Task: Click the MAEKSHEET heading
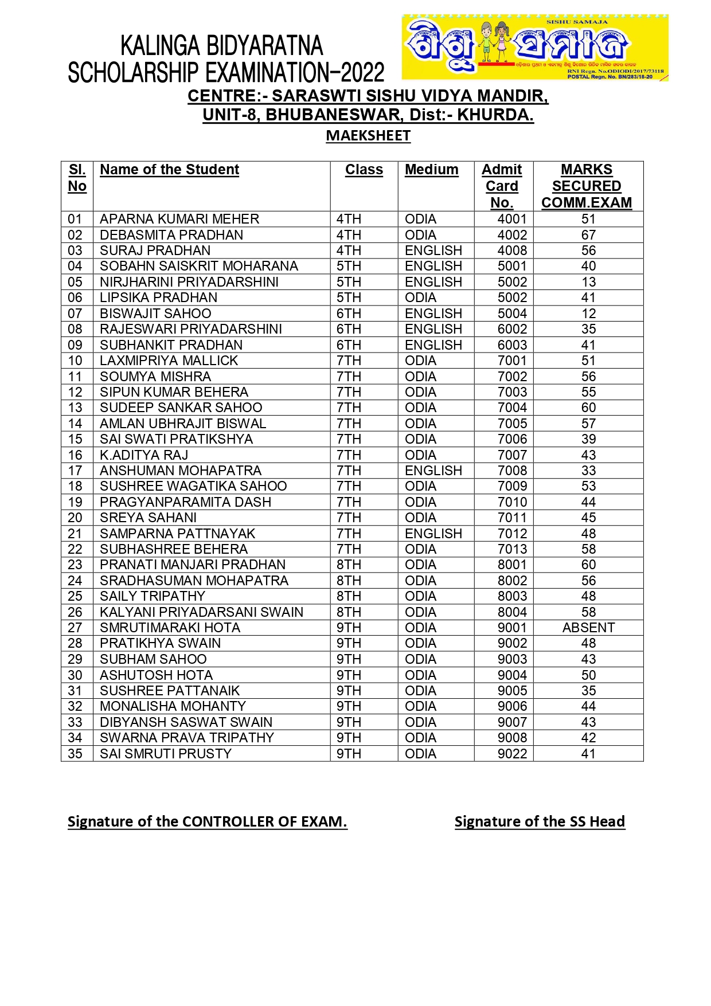pos(368,136)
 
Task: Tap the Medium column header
pos(431,170)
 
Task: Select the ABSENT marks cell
pos(588,628)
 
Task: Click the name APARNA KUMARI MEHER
pos(179,219)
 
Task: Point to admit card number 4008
pos(512,250)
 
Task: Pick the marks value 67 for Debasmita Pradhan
pos(588,235)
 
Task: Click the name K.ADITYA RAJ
pos(144,455)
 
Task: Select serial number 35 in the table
pos(75,754)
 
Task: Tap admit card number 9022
pos(512,754)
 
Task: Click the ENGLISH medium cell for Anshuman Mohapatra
pos(433,471)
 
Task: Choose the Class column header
pos(364,170)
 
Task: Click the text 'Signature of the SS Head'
pos(540,821)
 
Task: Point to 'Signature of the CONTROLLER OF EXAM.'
pos(207,821)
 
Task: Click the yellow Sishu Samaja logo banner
pos(535,48)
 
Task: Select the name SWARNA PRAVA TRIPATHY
pos(187,738)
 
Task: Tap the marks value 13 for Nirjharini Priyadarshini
pos(588,282)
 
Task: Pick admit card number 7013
pos(512,549)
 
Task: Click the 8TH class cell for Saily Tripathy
pos(349,596)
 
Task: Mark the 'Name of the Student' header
pos(169,170)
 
